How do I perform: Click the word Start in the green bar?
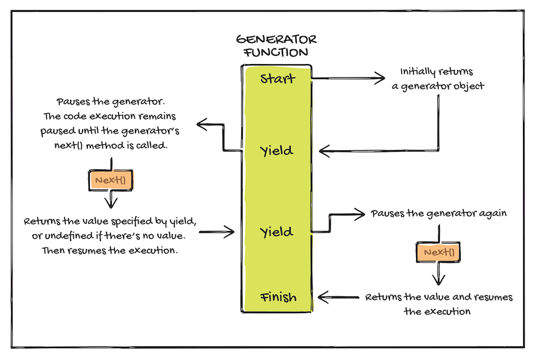[278, 78]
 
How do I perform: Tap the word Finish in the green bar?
[278, 296]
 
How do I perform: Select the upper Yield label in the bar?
[277, 151]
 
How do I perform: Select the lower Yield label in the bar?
[277, 232]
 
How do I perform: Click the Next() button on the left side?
[111, 180]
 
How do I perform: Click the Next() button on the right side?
[439, 253]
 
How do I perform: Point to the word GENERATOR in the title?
[276, 40]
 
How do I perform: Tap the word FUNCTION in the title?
[276, 52]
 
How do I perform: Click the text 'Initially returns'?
[436, 72]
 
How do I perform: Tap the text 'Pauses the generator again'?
[439, 213]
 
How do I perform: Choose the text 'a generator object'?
[438, 86]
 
